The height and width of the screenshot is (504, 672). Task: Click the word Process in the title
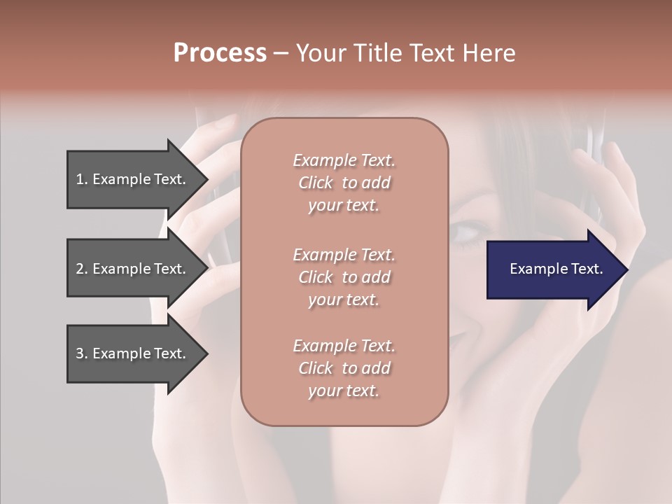220,53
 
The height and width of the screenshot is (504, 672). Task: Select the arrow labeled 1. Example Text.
133,179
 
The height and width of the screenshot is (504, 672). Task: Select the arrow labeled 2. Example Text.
133,269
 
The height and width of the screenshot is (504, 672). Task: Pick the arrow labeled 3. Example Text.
133,353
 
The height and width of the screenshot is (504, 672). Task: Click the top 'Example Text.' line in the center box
344,160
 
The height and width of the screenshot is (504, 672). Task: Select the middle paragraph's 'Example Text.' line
344,254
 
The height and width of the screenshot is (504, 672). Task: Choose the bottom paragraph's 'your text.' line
344,391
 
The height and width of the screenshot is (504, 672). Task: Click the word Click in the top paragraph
316,183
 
